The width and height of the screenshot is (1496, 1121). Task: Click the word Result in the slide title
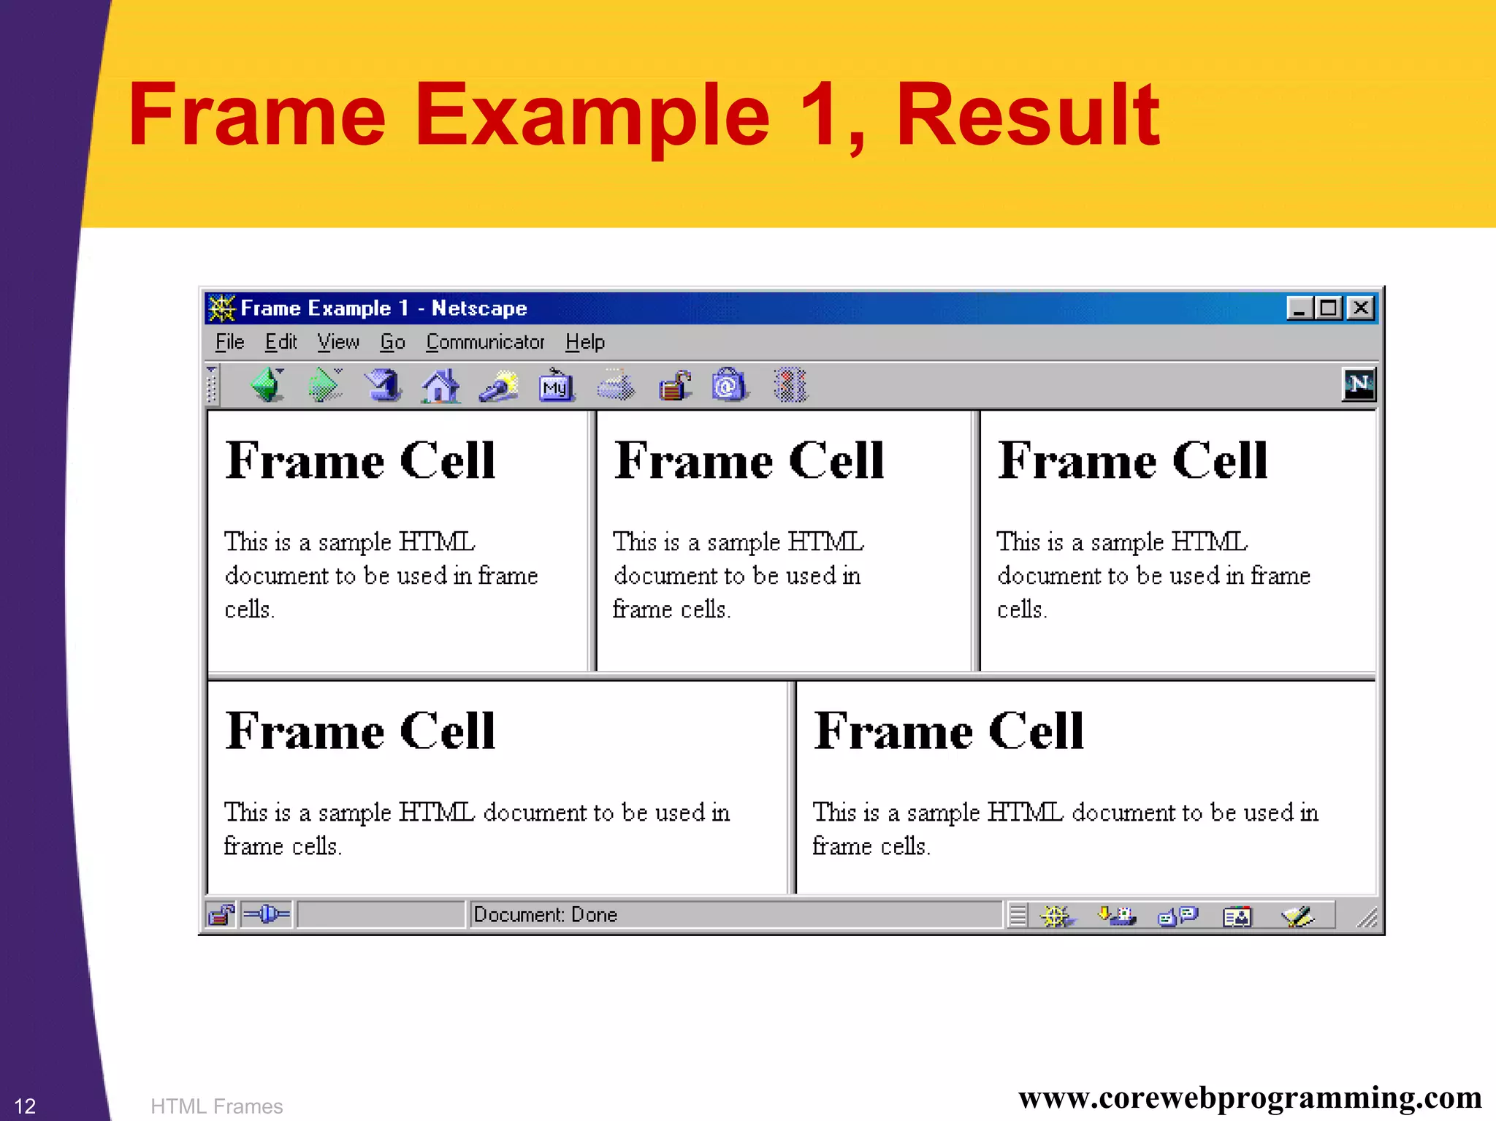coord(1026,115)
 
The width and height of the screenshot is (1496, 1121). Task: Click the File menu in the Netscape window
coord(229,342)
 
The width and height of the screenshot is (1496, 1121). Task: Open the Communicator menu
coord(485,342)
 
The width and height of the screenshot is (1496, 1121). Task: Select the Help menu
coord(584,342)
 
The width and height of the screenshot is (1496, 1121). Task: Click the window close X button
coord(1361,308)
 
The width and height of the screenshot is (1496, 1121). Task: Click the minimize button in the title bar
coord(1299,308)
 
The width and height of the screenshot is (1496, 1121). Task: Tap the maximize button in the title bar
coord(1329,308)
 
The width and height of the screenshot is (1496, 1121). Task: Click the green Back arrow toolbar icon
coord(267,385)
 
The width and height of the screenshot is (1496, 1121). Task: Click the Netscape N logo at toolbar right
coord(1358,384)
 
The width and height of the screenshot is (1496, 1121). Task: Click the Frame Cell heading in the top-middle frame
coord(749,461)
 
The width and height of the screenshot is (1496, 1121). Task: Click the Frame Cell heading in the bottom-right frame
coord(948,731)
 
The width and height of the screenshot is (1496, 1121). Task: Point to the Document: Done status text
coord(545,915)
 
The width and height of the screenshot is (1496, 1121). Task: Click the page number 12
coord(25,1106)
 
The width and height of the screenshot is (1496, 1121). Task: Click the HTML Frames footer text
coord(216,1106)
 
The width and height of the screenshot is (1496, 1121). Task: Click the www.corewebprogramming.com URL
coord(1249,1098)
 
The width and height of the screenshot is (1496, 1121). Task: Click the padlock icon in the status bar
coord(221,915)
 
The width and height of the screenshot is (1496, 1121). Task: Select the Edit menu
coord(280,342)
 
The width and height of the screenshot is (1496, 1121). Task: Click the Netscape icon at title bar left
coord(221,308)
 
